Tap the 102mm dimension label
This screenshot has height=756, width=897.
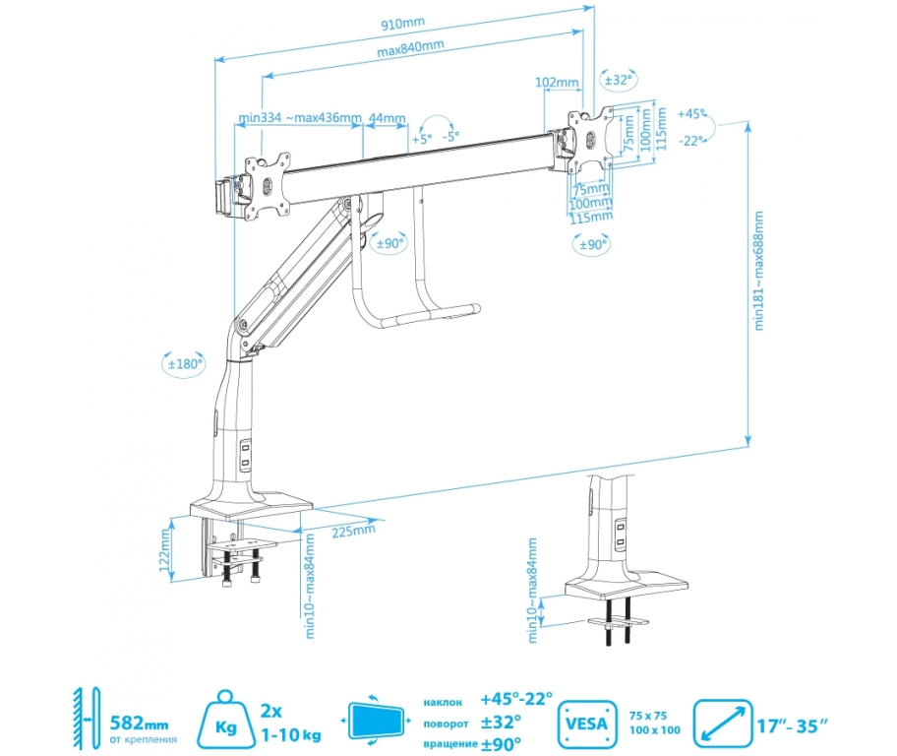pyautogui.click(x=557, y=84)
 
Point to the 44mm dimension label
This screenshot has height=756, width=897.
pyautogui.click(x=387, y=119)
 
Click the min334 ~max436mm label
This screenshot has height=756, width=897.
pyautogui.click(x=299, y=118)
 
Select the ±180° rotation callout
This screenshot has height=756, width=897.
pyautogui.click(x=184, y=363)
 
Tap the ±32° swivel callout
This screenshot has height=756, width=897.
pyautogui.click(x=620, y=80)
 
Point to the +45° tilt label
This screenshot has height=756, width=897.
pyautogui.click(x=692, y=114)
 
